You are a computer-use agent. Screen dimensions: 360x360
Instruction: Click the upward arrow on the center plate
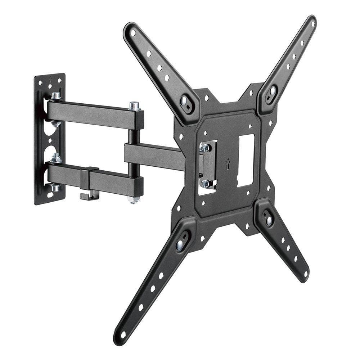tap(228, 164)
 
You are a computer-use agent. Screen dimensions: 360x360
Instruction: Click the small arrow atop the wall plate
tap(51, 77)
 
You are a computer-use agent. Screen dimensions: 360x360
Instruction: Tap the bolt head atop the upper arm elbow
tap(134, 106)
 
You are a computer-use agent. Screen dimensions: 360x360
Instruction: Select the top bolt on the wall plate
tap(56, 96)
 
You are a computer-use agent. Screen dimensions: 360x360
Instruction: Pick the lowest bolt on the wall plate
tap(55, 188)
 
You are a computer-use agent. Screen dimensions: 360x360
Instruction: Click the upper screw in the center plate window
tap(205, 147)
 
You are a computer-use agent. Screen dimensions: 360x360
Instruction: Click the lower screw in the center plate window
tap(206, 183)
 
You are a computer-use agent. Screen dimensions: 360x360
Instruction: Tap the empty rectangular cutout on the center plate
tap(246, 160)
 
